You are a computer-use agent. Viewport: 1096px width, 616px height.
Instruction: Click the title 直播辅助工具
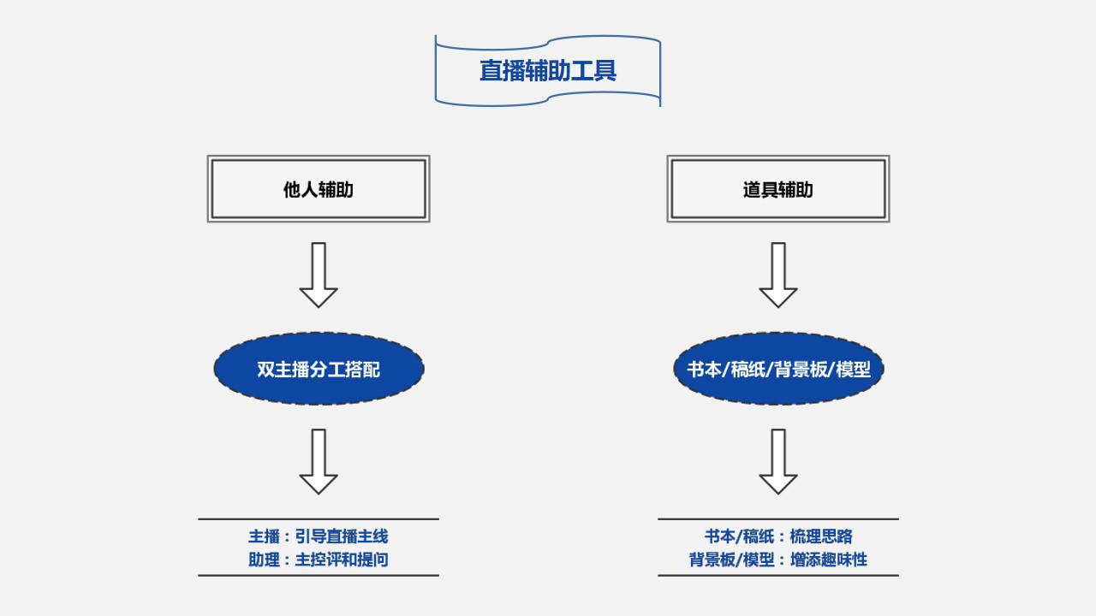[x=548, y=70]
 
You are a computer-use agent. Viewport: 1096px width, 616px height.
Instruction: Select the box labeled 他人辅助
[x=319, y=189]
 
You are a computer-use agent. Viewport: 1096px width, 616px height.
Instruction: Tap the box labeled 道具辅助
[x=778, y=189]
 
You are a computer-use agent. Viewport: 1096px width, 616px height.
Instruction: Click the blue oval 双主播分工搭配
[x=319, y=369]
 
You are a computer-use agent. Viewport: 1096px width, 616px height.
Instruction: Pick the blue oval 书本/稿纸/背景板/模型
[x=778, y=369]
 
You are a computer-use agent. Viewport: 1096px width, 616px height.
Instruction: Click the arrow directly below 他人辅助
[x=319, y=275]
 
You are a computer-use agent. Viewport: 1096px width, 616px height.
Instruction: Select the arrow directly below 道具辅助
[x=778, y=275]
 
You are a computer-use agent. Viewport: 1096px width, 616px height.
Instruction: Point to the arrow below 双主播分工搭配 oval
[x=319, y=461]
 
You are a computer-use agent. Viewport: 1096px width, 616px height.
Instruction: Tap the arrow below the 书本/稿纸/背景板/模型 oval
[x=778, y=461]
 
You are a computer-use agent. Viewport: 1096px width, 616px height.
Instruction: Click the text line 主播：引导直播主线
[x=319, y=536]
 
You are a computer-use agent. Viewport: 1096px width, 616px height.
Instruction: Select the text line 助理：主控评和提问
[x=319, y=560]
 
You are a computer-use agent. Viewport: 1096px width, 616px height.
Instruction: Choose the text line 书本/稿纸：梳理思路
[x=778, y=536]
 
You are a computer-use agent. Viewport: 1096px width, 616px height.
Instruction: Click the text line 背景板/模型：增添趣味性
[x=778, y=560]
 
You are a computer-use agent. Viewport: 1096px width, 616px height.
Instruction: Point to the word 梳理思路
[x=821, y=536]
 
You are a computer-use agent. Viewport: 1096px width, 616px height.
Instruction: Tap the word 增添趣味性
[x=832, y=560]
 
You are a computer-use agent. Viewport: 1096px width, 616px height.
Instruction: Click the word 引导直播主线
[x=342, y=536]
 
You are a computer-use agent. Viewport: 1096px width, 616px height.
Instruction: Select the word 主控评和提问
[x=342, y=560]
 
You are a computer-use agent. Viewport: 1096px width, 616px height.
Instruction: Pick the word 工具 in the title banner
[x=593, y=70]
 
